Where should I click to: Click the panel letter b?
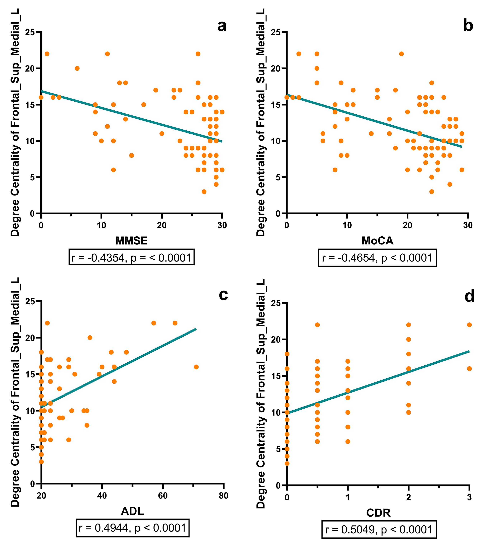(x=468, y=26)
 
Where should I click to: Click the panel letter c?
(x=223, y=295)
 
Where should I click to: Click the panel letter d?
(x=470, y=296)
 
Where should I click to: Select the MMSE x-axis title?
(x=132, y=241)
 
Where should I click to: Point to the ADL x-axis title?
(x=132, y=511)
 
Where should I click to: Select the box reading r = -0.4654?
(x=377, y=258)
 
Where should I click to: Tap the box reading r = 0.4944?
(x=132, y=528)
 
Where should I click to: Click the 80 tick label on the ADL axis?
(x=223, y=496)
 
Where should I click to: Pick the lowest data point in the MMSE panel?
(x=204, y=192)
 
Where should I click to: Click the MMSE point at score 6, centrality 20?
(x=77, y=68)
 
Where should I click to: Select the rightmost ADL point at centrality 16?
(x=196, y=367)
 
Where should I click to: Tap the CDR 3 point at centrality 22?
(x=469, y=325)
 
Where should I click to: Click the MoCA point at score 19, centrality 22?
(x=401, y=54)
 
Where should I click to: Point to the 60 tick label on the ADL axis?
(x=163, y=496)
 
